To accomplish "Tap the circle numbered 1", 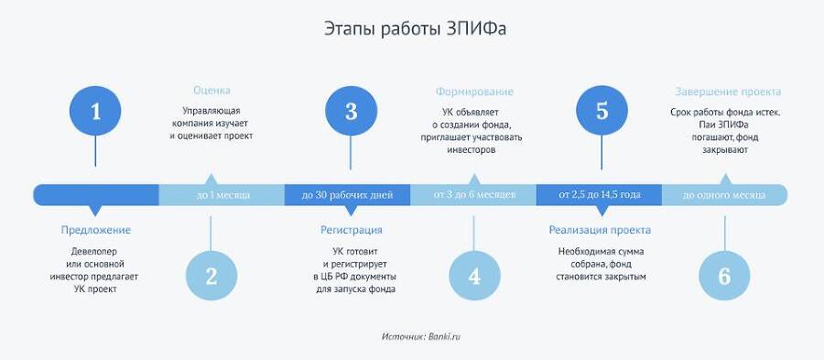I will [95, 111].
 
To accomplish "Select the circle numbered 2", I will [211, 276].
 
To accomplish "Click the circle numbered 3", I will [351, 111].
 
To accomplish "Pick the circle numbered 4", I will [473, 276].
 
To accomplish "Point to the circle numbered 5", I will [602, 111].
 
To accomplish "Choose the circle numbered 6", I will [724, 276].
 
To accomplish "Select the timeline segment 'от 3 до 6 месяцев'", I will [474, 195].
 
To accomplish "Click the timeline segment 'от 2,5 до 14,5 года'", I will [601, 195].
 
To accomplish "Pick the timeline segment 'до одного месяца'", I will [725, 195].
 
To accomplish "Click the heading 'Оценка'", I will [211, 91].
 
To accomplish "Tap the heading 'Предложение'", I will [95, 230].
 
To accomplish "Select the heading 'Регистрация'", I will [352, 230].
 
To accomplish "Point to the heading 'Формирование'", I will [474, 92].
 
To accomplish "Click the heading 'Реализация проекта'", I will [600, 230].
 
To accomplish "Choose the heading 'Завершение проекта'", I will [728, 92].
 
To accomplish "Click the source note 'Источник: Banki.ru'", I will [421, 337].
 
